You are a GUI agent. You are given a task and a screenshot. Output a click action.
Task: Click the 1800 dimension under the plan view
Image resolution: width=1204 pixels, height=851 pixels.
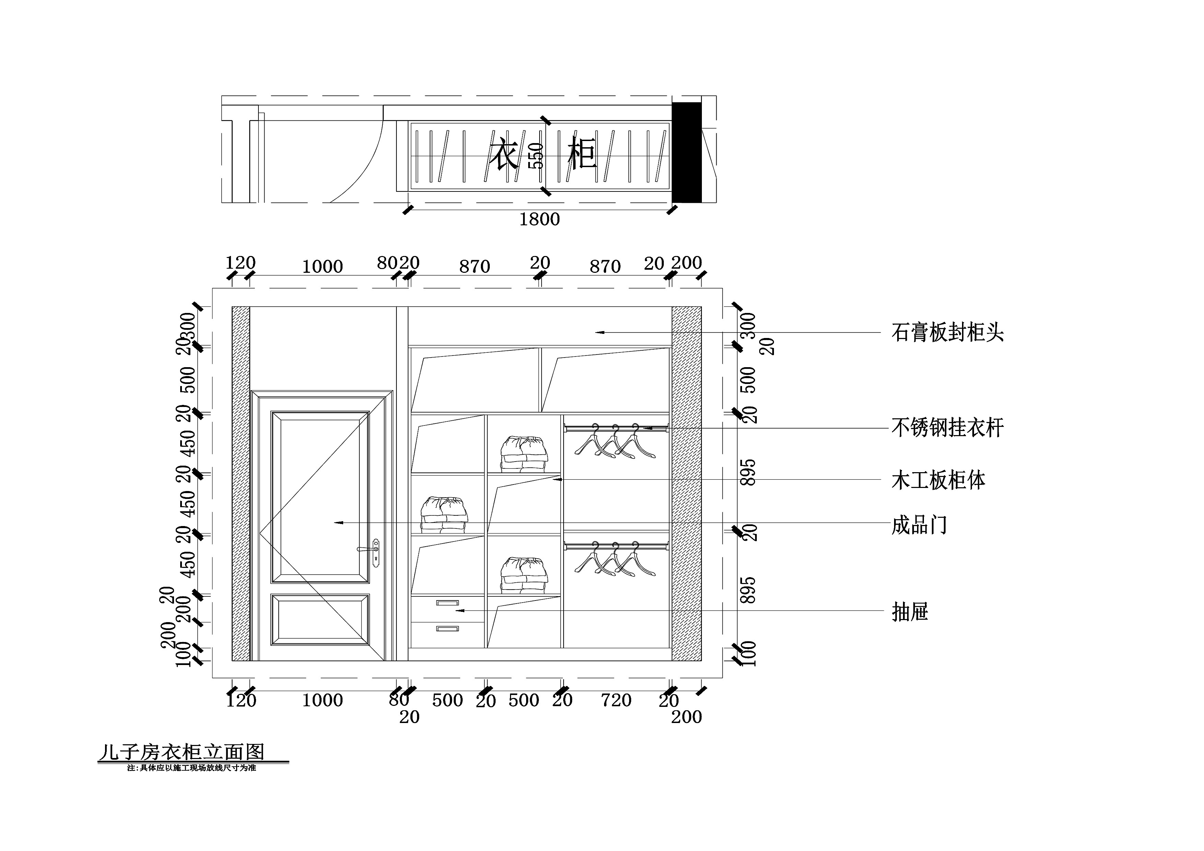[539, 219]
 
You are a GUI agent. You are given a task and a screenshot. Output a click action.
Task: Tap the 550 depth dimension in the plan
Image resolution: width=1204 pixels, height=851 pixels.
[535, 156]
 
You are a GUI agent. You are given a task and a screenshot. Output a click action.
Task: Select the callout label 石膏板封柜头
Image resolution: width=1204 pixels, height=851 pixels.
[947, 333]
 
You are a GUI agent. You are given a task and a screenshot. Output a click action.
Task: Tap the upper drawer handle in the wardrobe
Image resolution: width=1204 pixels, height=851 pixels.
[447, 603]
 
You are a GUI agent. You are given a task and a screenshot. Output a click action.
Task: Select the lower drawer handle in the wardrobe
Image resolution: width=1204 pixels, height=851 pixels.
[447, 628]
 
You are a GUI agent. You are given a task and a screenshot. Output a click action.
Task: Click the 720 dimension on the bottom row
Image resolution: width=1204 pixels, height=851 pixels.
[616, 700]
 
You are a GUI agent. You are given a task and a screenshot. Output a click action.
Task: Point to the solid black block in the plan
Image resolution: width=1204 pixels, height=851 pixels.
[686, 152]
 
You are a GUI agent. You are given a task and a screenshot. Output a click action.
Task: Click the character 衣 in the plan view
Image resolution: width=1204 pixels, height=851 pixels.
[504, 154]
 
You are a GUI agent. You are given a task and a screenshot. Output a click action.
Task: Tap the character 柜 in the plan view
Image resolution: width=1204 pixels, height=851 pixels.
[582, 154]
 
